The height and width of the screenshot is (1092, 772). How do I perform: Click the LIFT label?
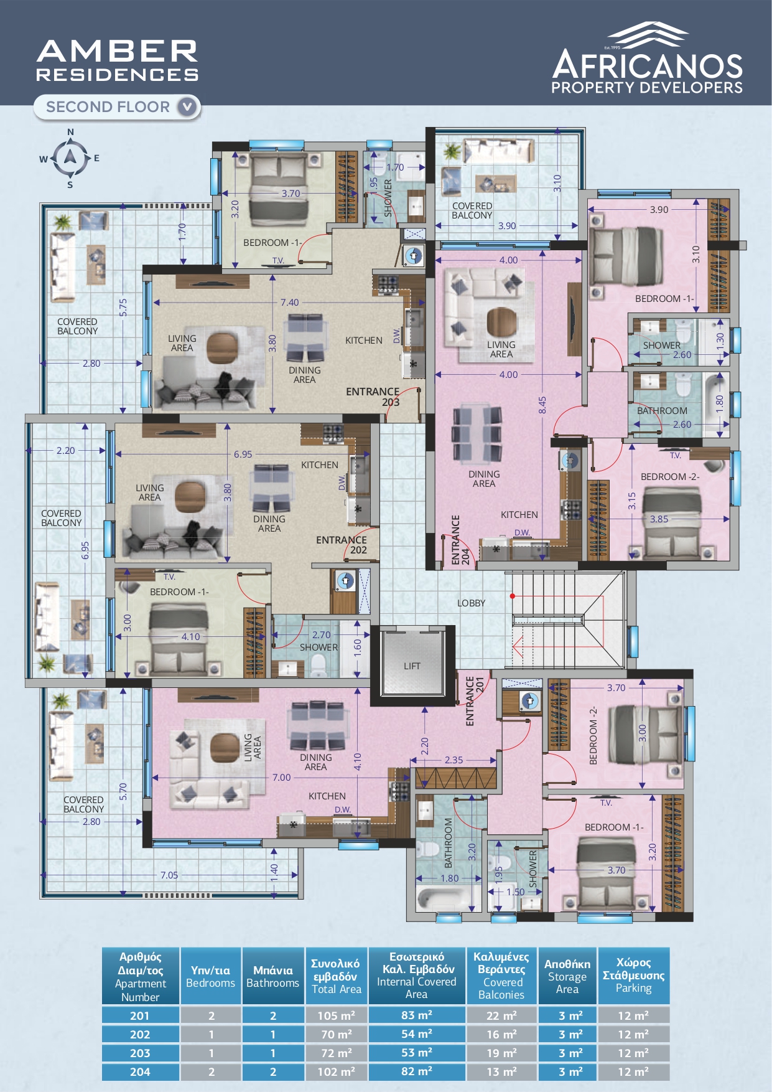[x=412, y=666]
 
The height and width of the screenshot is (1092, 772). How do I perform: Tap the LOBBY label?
[x=471, y=603]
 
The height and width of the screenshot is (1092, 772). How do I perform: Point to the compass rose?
[x=70, y=158]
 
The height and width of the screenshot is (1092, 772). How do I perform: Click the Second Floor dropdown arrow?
[x=187, y=107]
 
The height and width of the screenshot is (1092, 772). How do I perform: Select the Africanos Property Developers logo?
[x=647, y=58]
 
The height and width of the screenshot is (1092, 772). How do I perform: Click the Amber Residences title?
[x=118, y=60]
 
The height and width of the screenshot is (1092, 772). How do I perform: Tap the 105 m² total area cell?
[x=337, y=1016]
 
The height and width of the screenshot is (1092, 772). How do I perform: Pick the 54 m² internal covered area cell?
[x=417, y=1034]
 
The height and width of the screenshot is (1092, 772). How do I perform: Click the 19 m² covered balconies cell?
[x=501, y=1053]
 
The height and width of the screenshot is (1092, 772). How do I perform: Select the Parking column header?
[x=633, y=976]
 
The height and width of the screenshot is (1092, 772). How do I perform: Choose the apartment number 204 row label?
[x=140, y=1072]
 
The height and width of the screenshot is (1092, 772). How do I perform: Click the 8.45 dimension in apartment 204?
[x=542, y=405]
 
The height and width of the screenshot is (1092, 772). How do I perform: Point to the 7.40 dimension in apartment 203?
[x=289, y=303]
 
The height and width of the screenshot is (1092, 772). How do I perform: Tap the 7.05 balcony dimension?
[x=169, y=875]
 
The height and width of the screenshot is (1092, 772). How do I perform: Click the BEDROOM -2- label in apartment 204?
[x=670, y=477]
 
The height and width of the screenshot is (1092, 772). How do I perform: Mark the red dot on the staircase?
[x=513, y=596]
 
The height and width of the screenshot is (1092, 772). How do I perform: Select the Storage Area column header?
[x=567, y=976]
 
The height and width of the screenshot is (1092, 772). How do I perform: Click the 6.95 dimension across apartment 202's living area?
[x=243, y=454]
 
